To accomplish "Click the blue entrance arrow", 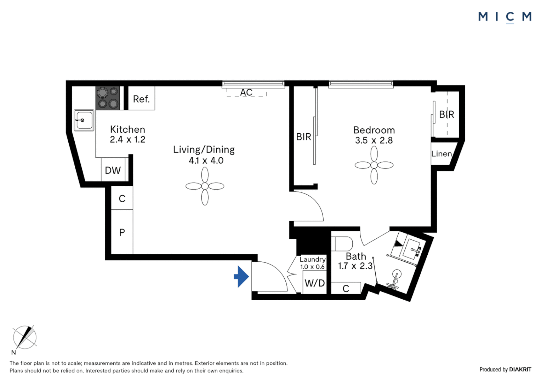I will point(242,277).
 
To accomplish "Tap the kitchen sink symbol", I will point(84,120).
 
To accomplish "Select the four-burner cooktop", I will point(108,98).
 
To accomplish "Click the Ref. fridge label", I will point(141,99).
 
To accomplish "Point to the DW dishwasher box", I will point(113,170).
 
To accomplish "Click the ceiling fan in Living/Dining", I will point(205,186).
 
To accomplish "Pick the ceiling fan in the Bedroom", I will point(374,165).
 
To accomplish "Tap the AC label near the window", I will point(246,92).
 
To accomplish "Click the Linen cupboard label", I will point(442,154).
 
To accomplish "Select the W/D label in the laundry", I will point(315,283).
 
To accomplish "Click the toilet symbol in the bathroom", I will point(342,244).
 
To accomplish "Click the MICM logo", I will point(505,17).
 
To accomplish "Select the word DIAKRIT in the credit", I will point(520,370).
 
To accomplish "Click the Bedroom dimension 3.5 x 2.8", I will point(374,140).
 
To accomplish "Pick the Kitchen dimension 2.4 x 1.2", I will point(127,139).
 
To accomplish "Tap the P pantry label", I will point(122,232).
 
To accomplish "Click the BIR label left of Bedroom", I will point(303,137).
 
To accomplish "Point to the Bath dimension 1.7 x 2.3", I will point(355,266).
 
